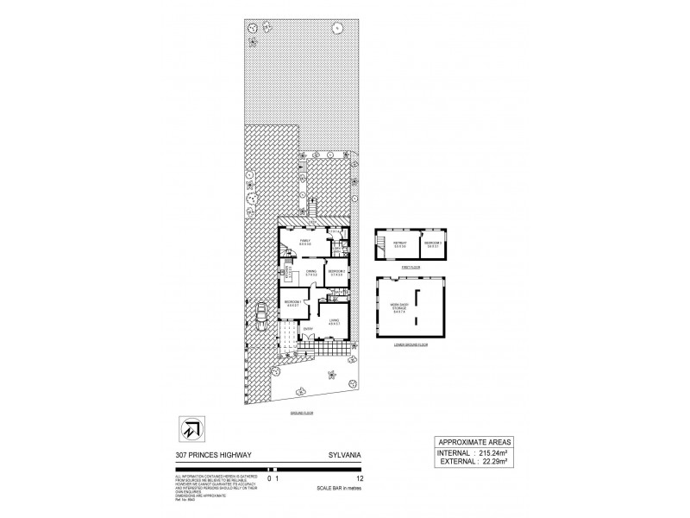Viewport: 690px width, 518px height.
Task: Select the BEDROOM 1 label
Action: coord(294,303)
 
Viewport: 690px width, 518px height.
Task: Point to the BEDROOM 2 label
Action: coord(336,272)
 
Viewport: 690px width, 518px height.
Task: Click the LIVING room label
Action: coord(334,322)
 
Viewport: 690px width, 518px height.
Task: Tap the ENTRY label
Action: coord(308,329)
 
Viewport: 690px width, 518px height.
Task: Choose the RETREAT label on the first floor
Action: coord(399,244)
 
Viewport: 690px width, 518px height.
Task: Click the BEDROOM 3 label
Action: coord(433,244)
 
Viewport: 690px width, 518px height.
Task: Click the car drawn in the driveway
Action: coord(260,315)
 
